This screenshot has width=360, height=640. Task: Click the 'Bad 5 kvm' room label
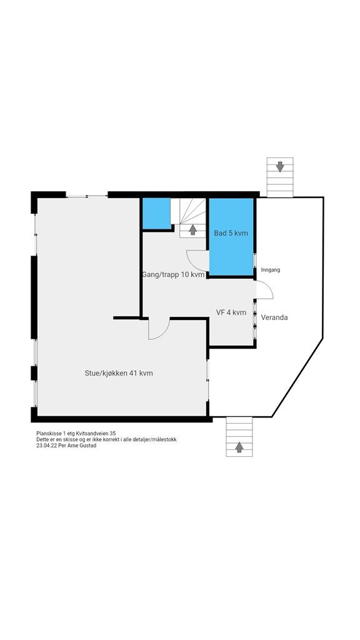[x=231, y=233]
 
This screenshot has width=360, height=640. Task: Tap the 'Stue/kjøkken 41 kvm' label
[x=119, y=373]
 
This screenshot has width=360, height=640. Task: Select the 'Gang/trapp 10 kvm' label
[x=172, y=274]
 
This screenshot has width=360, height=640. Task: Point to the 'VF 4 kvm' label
[x=231, y=312]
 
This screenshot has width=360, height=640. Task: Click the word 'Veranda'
[x=274, y=317]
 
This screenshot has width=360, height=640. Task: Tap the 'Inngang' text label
[x=271, y=270]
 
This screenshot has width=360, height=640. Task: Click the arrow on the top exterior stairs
[x=279, y=166]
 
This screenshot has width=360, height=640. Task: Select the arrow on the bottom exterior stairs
[x=239, y=446]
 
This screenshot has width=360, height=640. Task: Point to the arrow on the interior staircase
[x=193, y=230]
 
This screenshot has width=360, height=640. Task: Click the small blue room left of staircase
[x=156, y=213]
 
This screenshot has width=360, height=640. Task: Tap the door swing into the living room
[x=159, y=329]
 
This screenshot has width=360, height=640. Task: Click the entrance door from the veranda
[x=264, y=290]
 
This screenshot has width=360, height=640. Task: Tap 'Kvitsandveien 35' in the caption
[x=96, y=433]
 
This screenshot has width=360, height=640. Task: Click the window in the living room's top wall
[x=87, y=196]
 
